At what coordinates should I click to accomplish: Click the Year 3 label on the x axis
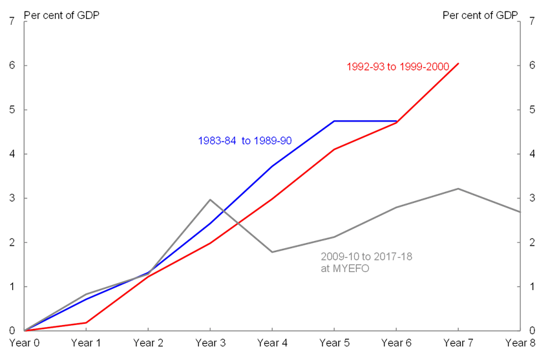click(x=210, y=343)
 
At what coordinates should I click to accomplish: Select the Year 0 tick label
click(x=23, y=343)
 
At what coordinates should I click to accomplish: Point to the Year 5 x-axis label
click(x=334, y=343)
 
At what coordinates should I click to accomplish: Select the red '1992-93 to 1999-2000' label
click(x=397, y=67)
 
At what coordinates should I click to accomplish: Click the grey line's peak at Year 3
click(x=210, y=200)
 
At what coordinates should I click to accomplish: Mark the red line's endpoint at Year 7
click(x=458, y=63)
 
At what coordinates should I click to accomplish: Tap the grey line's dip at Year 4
click(x=272, y=251)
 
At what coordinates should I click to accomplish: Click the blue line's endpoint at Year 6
click(x=396, y=121)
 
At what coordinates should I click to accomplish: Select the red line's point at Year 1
click(x=85, y=323)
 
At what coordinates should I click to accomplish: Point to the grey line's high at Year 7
click(x=458, y=189)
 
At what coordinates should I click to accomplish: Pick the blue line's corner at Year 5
click(x=334, y=121)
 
